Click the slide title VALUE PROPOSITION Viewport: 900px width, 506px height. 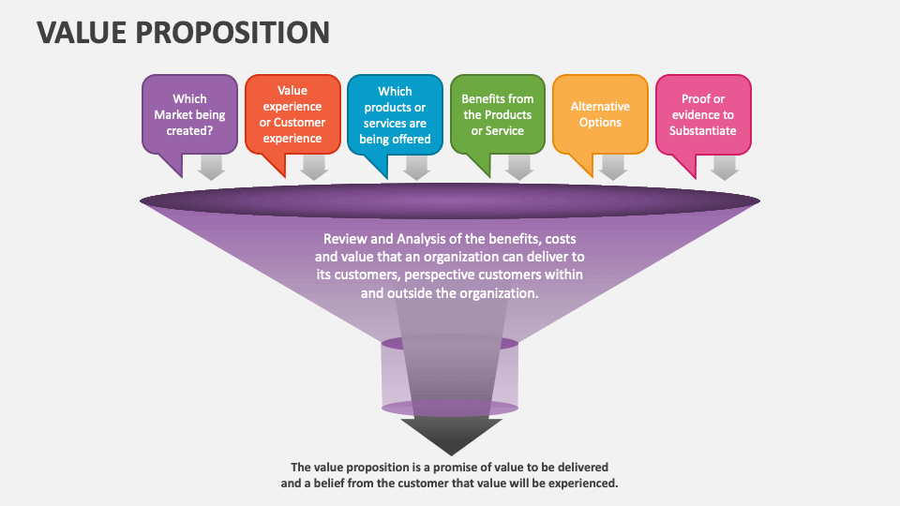[x=184, y=33]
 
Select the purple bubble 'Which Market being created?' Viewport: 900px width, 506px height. [x=189, y=114]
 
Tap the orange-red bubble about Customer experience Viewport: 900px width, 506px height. [x=292, y=114]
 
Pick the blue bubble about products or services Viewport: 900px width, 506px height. [x=395, y=114]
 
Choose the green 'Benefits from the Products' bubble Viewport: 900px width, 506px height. [x=497, y=114]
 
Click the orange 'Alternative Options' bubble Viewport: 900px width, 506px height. [x=600, y=114]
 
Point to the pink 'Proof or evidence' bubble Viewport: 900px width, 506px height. [x=702, y=114]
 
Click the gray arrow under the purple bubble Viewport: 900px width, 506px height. [x=212, y=168]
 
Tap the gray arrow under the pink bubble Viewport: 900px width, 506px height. [x=725, y=168]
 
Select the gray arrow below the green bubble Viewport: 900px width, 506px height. [x=519, y=168]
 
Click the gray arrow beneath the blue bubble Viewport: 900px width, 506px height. [x=417, y=168]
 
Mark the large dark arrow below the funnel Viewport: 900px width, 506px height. [x=450, y=434]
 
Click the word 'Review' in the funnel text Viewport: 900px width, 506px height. [x=343, y=238]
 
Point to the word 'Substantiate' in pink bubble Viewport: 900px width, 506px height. [x=702, y=131]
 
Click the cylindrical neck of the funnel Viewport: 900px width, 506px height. [x=450, y=375]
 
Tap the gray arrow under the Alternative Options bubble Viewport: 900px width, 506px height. [x=613, y=168]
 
